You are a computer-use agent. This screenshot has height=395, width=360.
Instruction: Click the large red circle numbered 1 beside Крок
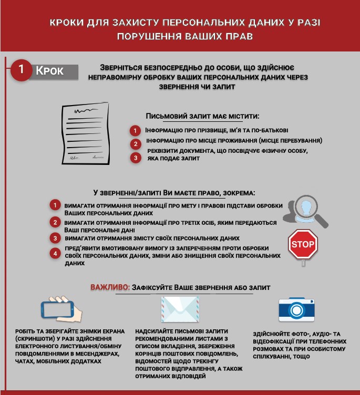pos(22,70)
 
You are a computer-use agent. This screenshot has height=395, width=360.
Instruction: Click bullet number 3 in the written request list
pos(136,157)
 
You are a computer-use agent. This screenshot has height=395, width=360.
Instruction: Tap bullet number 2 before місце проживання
pos(136,143)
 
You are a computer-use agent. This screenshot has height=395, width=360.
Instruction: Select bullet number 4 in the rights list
pos(55,254)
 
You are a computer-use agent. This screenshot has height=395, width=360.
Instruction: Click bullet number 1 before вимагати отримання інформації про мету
pos(55,205)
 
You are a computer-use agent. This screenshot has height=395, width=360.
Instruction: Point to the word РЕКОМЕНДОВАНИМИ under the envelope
pos(163,339)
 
